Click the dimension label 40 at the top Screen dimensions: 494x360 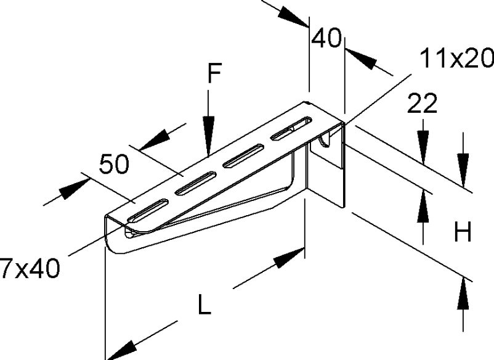[326, 38]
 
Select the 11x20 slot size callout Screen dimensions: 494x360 [457, 58]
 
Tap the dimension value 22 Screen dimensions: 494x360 [422, 103]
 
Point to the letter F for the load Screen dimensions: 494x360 [214, 73]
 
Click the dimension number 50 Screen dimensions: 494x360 [114, 164]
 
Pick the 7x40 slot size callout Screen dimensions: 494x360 [30, 268]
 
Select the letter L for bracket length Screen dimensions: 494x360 [204, 304]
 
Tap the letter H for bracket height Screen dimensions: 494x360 [463, 232]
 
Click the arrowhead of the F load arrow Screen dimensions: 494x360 [208, 136]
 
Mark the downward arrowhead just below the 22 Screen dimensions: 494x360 [423, 147]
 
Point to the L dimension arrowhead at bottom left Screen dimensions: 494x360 [121, 350]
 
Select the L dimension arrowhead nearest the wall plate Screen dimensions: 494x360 [289, 258]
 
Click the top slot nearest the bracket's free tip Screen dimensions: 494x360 [147, 210]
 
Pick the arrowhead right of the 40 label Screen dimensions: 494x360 [361, 59]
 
